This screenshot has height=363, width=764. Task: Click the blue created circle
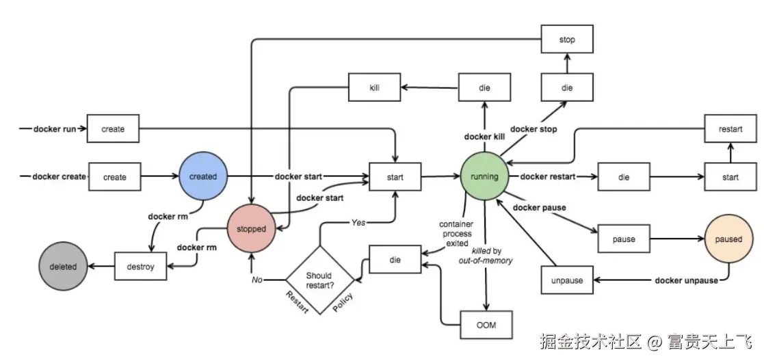click(202, 176)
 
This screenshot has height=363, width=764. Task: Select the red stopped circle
click(251, 228)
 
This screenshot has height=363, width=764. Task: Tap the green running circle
click(484, 176)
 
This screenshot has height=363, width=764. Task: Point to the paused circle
click(728, 239)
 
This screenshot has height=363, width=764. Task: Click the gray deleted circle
click(62, 267)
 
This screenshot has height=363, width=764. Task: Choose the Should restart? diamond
click(319, 280)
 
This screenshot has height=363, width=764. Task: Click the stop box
click(567, 40)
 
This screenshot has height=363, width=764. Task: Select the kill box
click(374, 88)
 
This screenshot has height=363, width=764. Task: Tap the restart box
click(730, 129)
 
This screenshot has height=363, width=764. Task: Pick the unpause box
click(567, 280)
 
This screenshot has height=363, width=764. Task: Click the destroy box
click(140, 267)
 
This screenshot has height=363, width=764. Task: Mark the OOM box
click(486, 325)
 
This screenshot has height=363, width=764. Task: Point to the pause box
click(624, 239)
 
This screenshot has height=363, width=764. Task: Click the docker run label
click(55, 129)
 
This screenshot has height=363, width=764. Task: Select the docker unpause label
click(686, 280)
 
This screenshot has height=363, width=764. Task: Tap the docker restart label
click(547, 177)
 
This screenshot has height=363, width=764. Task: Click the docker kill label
click(484, 137)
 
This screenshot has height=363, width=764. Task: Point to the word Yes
click(358, 223)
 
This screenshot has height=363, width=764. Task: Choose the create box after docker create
click(114, 177)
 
